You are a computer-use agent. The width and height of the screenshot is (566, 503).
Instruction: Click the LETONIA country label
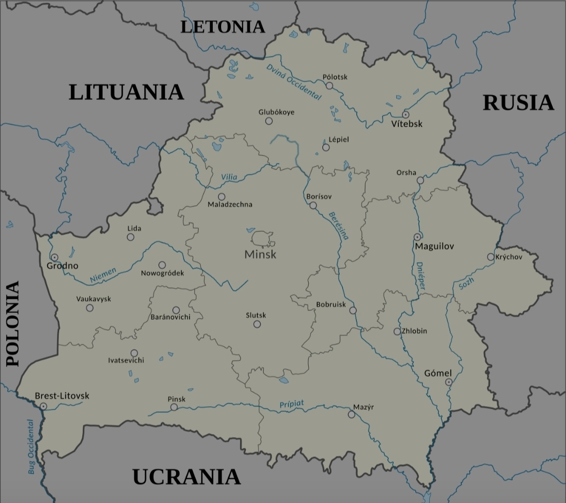pos(223,27)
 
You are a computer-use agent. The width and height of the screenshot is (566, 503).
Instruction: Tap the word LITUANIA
pos(126,92)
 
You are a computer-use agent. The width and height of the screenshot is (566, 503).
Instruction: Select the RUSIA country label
pos(518,103)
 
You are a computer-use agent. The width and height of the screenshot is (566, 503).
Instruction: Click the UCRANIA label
pos(186,477)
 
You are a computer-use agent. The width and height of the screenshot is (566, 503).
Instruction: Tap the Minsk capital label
pos(260,255)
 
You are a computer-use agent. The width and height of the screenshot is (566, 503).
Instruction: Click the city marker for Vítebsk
pos(406,114)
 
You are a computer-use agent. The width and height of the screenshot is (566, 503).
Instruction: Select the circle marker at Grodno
pos(55,257)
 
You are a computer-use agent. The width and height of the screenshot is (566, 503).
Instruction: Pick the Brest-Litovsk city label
pos(62,396)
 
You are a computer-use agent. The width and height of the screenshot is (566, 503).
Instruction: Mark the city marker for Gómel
pos(449,382)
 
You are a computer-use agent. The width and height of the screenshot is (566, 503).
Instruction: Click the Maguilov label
pos(434,246)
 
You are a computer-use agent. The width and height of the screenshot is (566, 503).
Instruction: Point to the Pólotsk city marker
pos(330,85)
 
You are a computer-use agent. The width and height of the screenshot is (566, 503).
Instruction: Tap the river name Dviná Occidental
pos(293,81)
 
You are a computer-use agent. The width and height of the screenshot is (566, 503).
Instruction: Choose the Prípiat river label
pos(291,404)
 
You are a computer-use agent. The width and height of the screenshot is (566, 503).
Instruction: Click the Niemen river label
pos(103,275)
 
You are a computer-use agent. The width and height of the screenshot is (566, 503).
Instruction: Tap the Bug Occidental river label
pos(31,446)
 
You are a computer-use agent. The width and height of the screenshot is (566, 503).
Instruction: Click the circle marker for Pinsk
pos(174,407)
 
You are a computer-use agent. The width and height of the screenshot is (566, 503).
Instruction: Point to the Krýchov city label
pos(508,257)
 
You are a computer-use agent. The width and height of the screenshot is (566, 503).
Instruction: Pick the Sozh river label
pos(466,283)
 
